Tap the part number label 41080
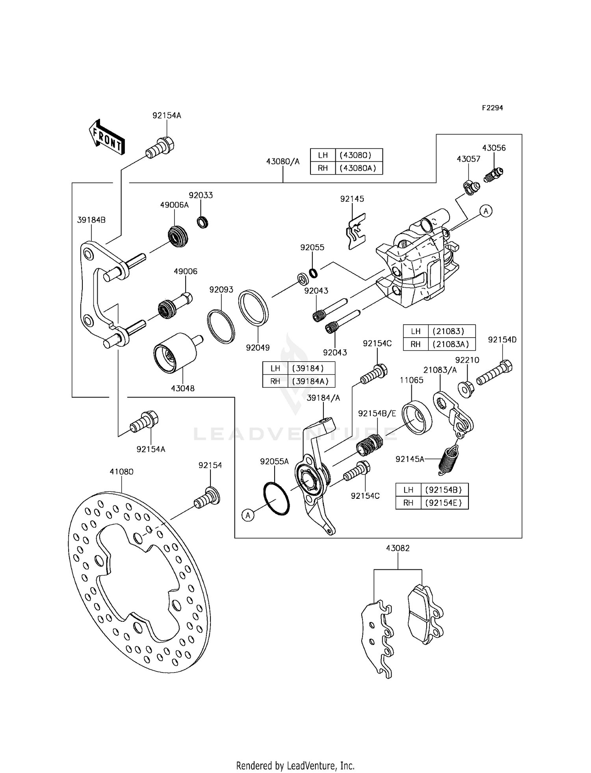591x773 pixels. [121, 472]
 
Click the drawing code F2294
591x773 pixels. [492, 108]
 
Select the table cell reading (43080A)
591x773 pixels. [358, 168]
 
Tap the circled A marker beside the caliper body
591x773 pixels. [486, 211]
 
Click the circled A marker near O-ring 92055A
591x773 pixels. [248, 515]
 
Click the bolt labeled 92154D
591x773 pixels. [494, 372]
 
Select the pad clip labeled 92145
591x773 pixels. [356, 232]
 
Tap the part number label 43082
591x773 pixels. [398, 548]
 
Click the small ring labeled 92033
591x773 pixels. [203, 223]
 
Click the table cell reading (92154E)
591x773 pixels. [444, 503]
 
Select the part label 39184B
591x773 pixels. [91, 220]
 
